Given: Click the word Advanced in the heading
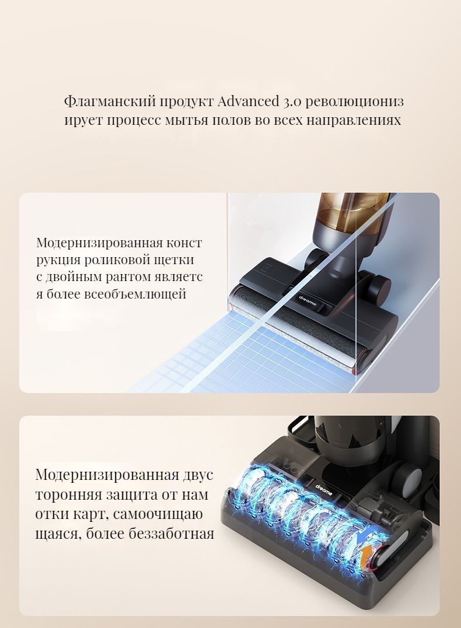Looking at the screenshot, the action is pyautogui.click(x=248, y=101).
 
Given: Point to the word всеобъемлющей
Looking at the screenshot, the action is pyautogui.click(x=137, y=294).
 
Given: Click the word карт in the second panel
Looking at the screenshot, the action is pyautogui.click(x=93, y=514).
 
